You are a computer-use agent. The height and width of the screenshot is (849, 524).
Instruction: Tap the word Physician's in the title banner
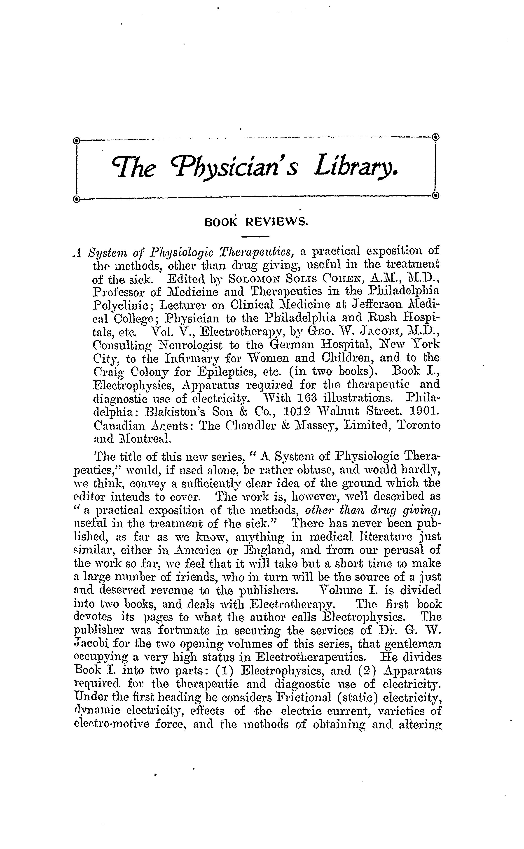(x=237, y=169)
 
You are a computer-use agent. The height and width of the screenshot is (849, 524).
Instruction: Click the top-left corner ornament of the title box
(x=77, y=140)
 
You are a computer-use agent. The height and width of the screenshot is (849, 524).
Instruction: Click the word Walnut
(x=337, y=411)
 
